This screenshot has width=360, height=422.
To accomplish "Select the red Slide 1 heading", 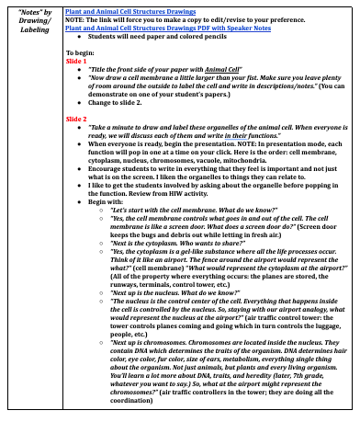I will (76, 61).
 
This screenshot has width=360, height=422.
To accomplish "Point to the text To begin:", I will (80, 52).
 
